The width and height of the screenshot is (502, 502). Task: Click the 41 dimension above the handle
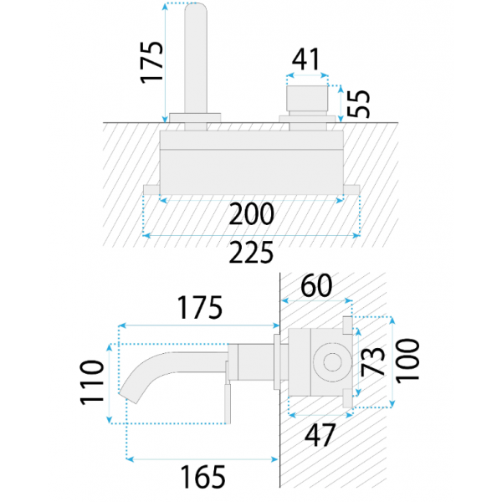(x=305, y=59)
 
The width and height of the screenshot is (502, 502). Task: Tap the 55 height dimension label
(x=359, y=104)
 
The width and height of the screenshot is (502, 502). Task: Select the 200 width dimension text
(x=252, y=213)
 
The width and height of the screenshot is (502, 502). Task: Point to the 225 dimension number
(x=252, y=253)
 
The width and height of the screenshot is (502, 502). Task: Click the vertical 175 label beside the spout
(x=151, y=63)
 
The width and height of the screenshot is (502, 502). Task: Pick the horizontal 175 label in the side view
(x=200, y=307)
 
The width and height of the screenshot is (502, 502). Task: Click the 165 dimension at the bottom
(x=203, y=476)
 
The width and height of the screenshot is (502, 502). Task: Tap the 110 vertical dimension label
(x=92, y=383)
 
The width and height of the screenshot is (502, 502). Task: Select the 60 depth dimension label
(x=316, y=285)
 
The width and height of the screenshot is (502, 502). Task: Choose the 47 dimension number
(x=320, y=435)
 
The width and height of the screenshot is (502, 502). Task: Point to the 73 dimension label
(x=372, y=361)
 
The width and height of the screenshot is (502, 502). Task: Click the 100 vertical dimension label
(x=407, y=361)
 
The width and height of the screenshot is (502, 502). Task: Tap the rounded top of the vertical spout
(x=196, y=8)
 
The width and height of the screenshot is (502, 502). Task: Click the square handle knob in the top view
(x=307, y=98)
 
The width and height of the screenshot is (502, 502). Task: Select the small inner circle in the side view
(x=332, y=363)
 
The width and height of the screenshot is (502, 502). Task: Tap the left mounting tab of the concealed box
(x=151, y=190)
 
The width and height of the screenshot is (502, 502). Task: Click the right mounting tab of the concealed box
(x=351, y=190)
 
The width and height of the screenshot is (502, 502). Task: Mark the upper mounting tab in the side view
(x=347, y=325)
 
